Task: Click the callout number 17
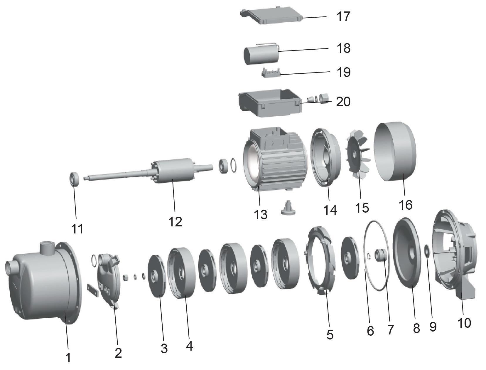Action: coord(343,16)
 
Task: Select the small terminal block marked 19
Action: coord(271,73)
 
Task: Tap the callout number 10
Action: coord(464,322)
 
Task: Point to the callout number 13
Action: coord(261,214)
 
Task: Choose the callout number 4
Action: coord(189,346)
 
